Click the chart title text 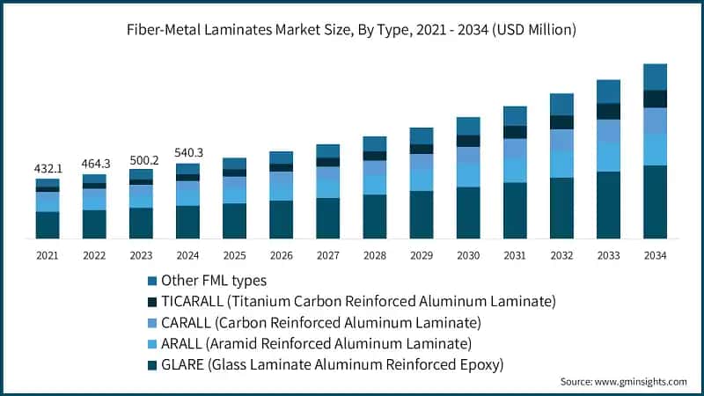coord(352,30)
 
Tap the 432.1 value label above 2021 coord(48,167)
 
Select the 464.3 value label coord(94,163)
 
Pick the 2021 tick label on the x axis coord(48,255)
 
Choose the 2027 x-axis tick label coord(327,255)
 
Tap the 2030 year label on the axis coord(467,255)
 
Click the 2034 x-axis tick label coord(655,255)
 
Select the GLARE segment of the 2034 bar coord(655,202)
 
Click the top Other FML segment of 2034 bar coord(655,77)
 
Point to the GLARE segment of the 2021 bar coord(48,224)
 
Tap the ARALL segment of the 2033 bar coord(608,157)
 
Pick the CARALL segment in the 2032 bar coord(561,139)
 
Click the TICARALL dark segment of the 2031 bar coord(515,132)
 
